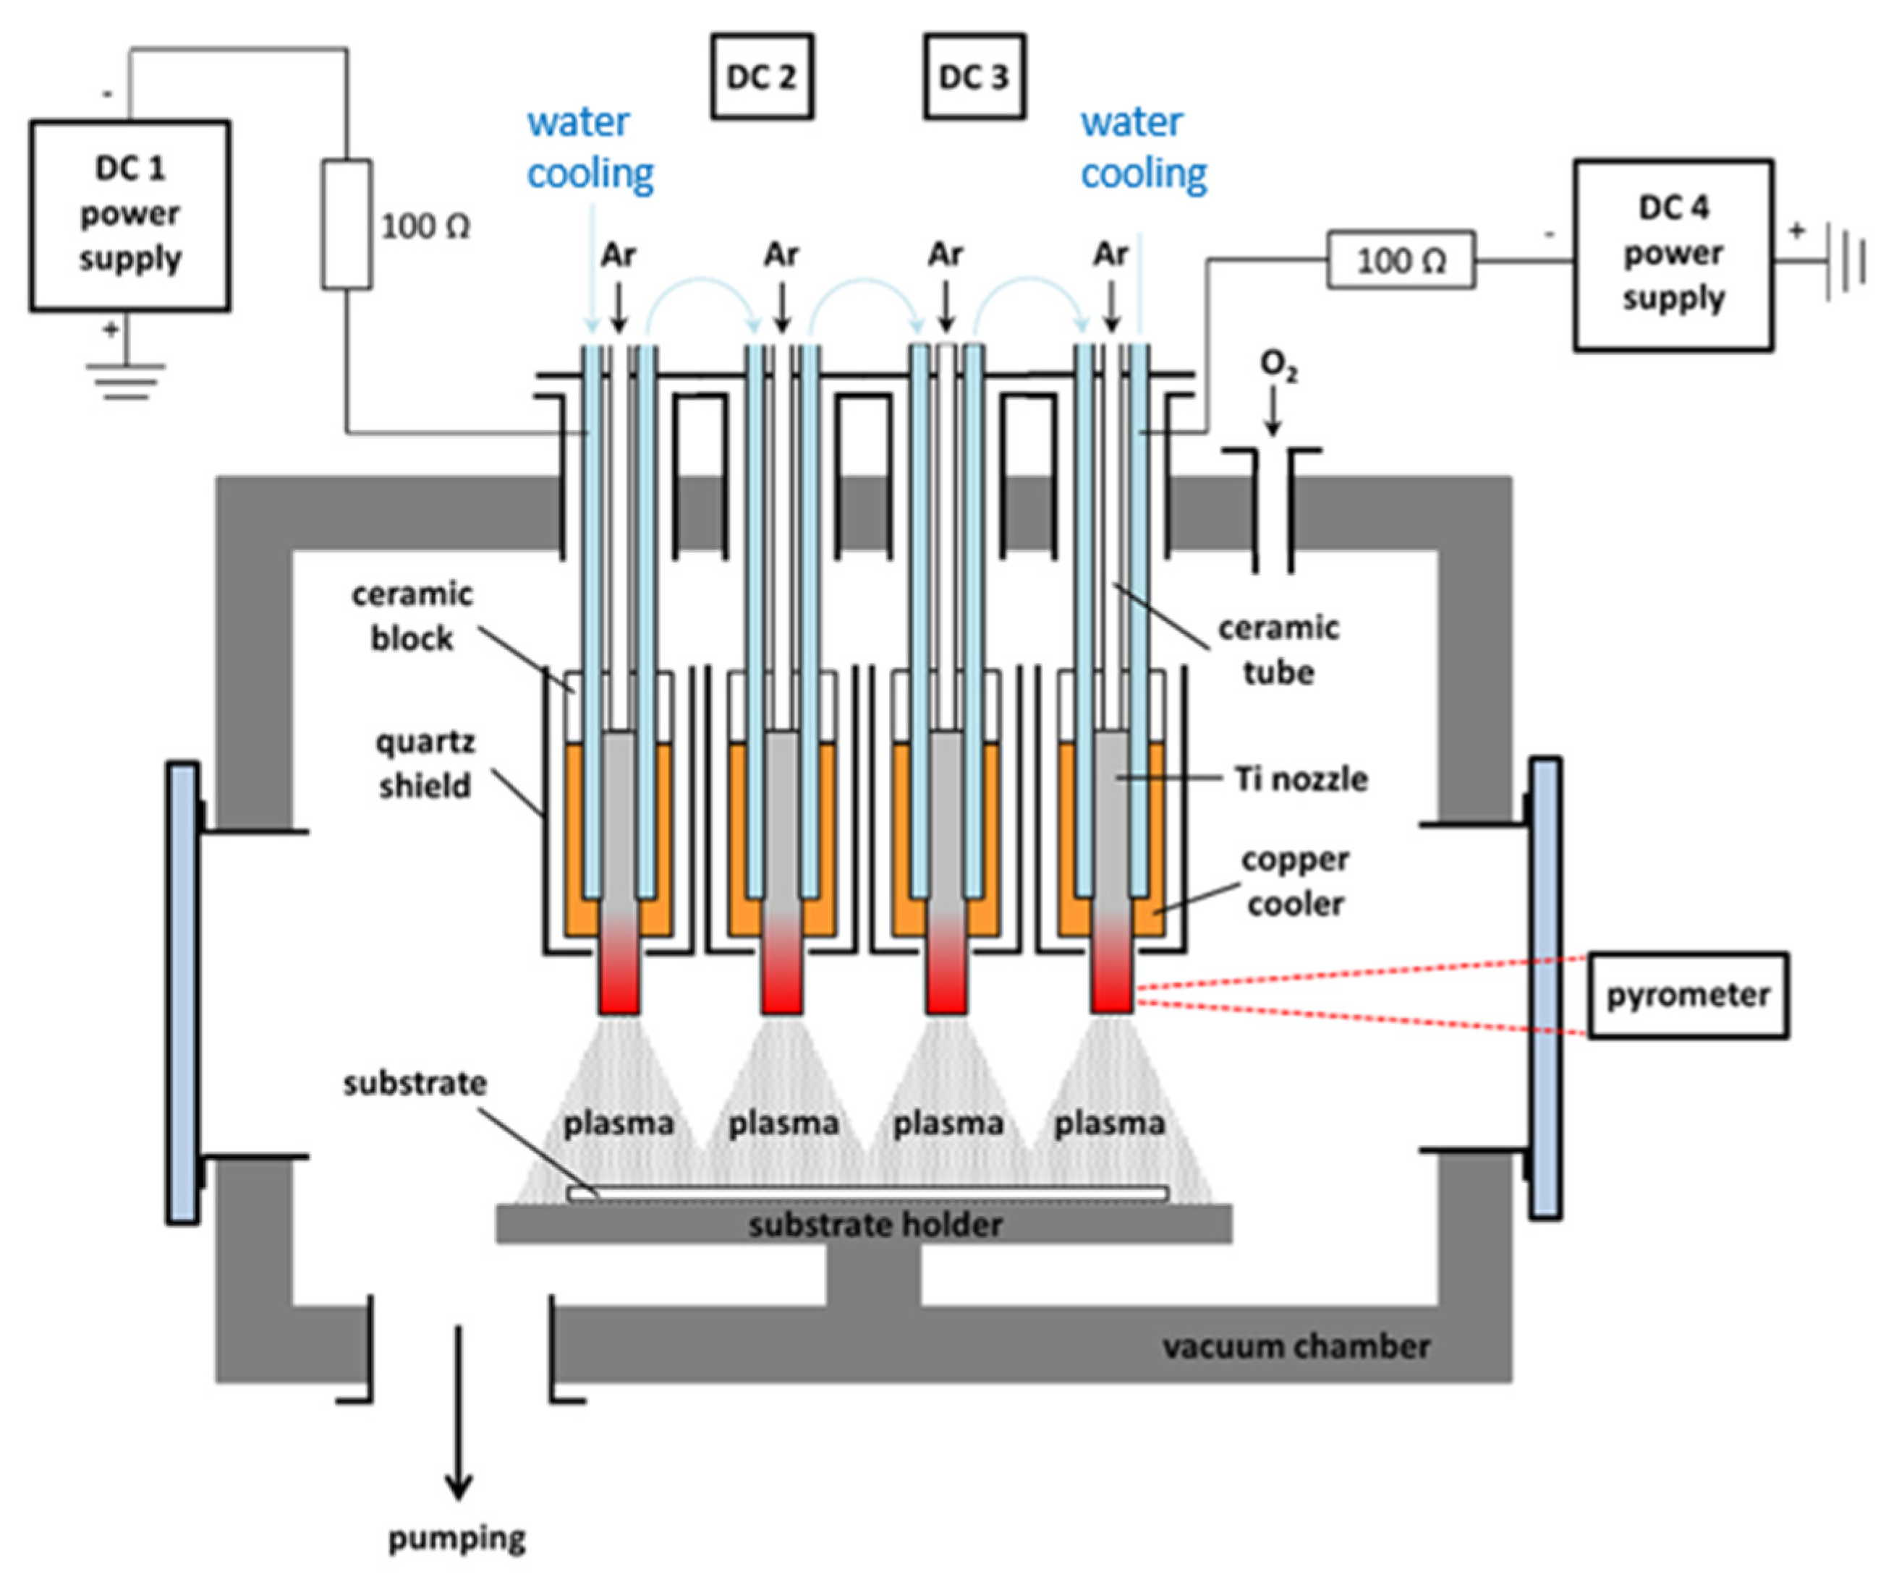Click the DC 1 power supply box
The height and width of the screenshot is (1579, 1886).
(129, 215)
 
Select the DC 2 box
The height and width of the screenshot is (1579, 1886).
(762, 77)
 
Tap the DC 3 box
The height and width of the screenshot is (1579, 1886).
(974, 77)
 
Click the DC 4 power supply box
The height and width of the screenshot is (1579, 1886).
(1673, 255)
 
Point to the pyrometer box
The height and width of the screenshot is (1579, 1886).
(1688, 996)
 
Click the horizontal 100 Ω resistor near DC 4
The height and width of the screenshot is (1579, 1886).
(1401, 260)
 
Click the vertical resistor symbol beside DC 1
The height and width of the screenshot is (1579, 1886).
(347, 224)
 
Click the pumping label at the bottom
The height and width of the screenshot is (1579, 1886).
(456, 1539)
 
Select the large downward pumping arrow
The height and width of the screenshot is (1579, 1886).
(459, 1418)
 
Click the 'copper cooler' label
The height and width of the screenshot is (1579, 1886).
(1295, 881)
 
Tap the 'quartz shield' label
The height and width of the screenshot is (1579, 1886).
(424, 764)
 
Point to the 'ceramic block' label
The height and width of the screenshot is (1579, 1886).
(412, 616)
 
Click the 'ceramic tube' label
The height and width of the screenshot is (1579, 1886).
(1278, 649)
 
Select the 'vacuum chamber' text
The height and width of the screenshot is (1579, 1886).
(1296, 1346)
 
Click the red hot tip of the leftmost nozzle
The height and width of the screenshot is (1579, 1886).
(619, 988)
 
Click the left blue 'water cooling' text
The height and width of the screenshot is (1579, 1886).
(589, 148)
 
